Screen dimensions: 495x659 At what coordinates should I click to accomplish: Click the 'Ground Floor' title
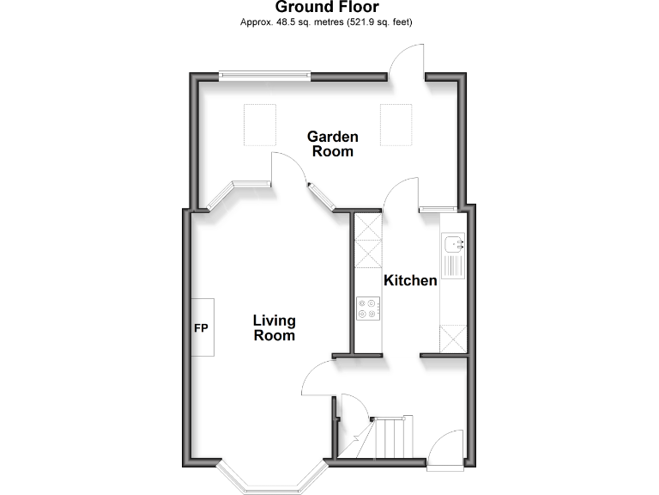327,8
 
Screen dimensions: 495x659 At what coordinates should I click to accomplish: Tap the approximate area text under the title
327,22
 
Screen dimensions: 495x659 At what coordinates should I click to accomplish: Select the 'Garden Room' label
333,144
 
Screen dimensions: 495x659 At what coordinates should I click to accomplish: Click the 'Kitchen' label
410,281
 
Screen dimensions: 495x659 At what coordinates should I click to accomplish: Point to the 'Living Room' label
274,328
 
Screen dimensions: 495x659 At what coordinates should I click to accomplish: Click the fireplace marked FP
202,328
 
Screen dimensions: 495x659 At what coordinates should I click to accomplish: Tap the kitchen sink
452,246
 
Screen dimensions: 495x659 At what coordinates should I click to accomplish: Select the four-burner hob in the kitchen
368,309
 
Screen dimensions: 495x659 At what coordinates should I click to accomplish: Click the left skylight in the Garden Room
260,124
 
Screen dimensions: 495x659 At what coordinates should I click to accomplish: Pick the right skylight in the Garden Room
396,124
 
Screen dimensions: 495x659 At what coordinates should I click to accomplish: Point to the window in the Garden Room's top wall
264,76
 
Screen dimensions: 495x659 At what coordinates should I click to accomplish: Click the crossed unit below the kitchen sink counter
452,338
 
